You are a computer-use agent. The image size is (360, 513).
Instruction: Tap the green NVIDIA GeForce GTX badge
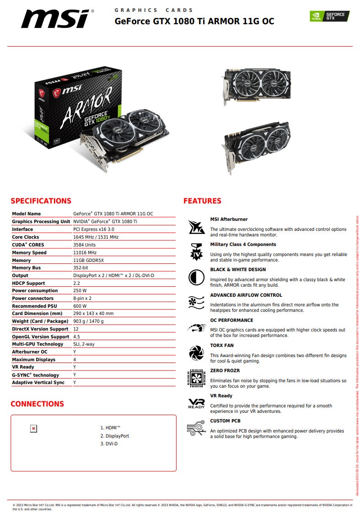[329, 16]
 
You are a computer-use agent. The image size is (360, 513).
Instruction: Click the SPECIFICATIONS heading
[41, 201]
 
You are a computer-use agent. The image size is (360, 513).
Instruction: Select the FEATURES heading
[202, 201]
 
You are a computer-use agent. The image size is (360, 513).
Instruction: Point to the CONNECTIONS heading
[37, 404]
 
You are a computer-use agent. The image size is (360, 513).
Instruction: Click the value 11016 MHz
[85, 252]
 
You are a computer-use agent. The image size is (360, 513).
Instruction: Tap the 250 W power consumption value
[80, 291]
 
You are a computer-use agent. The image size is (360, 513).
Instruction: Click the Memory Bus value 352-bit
[81, 268]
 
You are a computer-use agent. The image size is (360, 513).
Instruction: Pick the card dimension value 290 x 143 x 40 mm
[93, 314]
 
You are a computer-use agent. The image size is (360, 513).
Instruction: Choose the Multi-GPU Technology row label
[38, 344]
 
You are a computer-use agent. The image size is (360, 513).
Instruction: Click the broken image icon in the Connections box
[33, 428]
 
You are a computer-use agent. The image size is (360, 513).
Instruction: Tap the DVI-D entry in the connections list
[109, 444]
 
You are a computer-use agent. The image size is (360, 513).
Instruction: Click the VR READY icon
[196, 403]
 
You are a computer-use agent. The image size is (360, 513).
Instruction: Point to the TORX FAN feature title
[222, 345]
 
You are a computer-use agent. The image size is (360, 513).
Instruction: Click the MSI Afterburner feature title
[229, 219]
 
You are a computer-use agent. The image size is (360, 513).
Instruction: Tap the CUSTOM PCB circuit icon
[196, 428]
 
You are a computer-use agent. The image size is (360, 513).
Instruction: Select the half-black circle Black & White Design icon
[196, 278]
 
